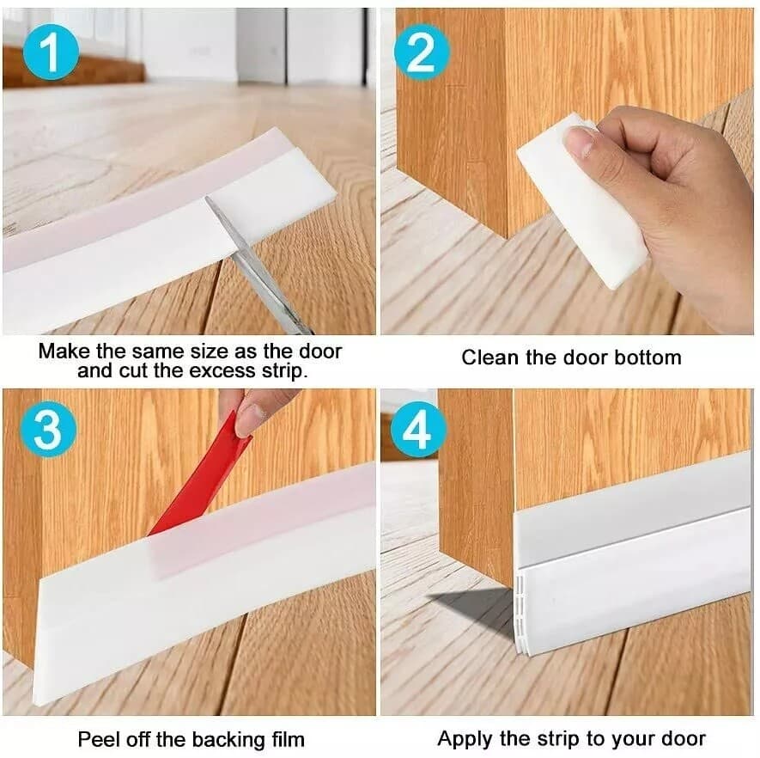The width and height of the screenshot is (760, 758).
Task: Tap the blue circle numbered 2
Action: pos(421,53)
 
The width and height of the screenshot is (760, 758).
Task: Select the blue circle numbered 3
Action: pos(48,429)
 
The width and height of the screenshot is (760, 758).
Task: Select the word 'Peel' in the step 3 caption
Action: pos(97,739)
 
